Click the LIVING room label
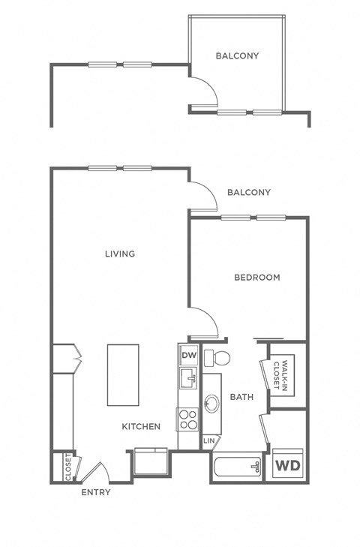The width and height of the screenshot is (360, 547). coord(120,254)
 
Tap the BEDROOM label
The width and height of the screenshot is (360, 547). coord(257,278)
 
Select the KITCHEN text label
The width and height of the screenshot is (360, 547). coord(142,426)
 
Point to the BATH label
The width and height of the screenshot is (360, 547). coord(241,397)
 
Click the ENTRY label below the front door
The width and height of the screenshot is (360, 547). coord(95,492)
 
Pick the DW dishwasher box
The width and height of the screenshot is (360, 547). coord(188,355)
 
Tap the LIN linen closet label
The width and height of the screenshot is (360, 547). coord(209,440)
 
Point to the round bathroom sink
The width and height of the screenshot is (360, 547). coord(212,405)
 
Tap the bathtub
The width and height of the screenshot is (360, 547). coord(236,467)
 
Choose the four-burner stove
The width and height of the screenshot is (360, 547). coord(187,419)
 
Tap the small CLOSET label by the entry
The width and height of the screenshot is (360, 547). coord(68,465)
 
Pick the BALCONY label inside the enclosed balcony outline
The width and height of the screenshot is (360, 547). coord(237,56)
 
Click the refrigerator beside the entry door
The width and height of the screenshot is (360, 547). coord(152,461)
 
